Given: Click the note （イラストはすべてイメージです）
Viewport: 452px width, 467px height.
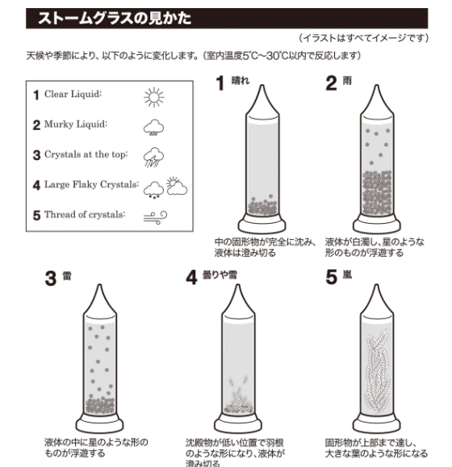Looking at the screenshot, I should (x=374, y=38).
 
